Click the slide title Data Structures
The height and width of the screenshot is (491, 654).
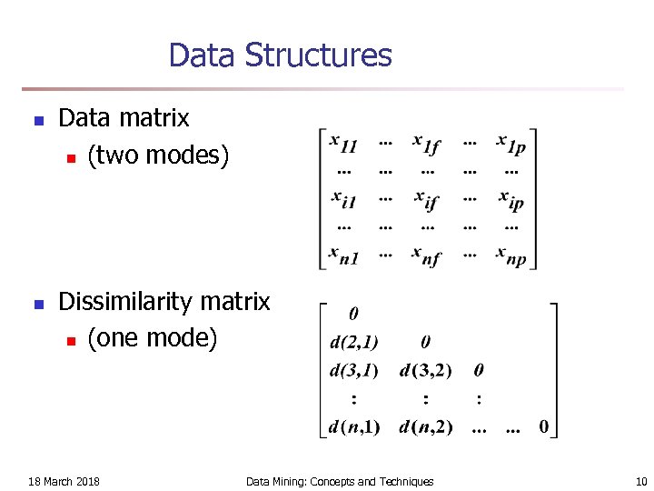[x=280, y=55]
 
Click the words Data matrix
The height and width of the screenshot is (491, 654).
[x=124, y=118]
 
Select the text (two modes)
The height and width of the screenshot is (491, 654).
[x=158, y=155]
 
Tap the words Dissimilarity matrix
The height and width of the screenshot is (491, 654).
[x=164, y=301]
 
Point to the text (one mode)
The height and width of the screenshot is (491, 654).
[x=153, y=338]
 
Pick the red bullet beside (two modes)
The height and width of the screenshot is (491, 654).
[x=70, y=157]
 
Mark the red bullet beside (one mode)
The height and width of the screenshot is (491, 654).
[x=70, y=340]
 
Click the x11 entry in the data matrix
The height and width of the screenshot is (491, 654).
[x=344, y=144]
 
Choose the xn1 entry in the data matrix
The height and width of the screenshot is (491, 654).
[x=344, y=256]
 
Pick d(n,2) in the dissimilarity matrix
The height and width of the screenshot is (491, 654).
[x=426, y=426]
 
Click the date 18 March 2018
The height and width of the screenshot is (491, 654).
[x=64, y=481]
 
